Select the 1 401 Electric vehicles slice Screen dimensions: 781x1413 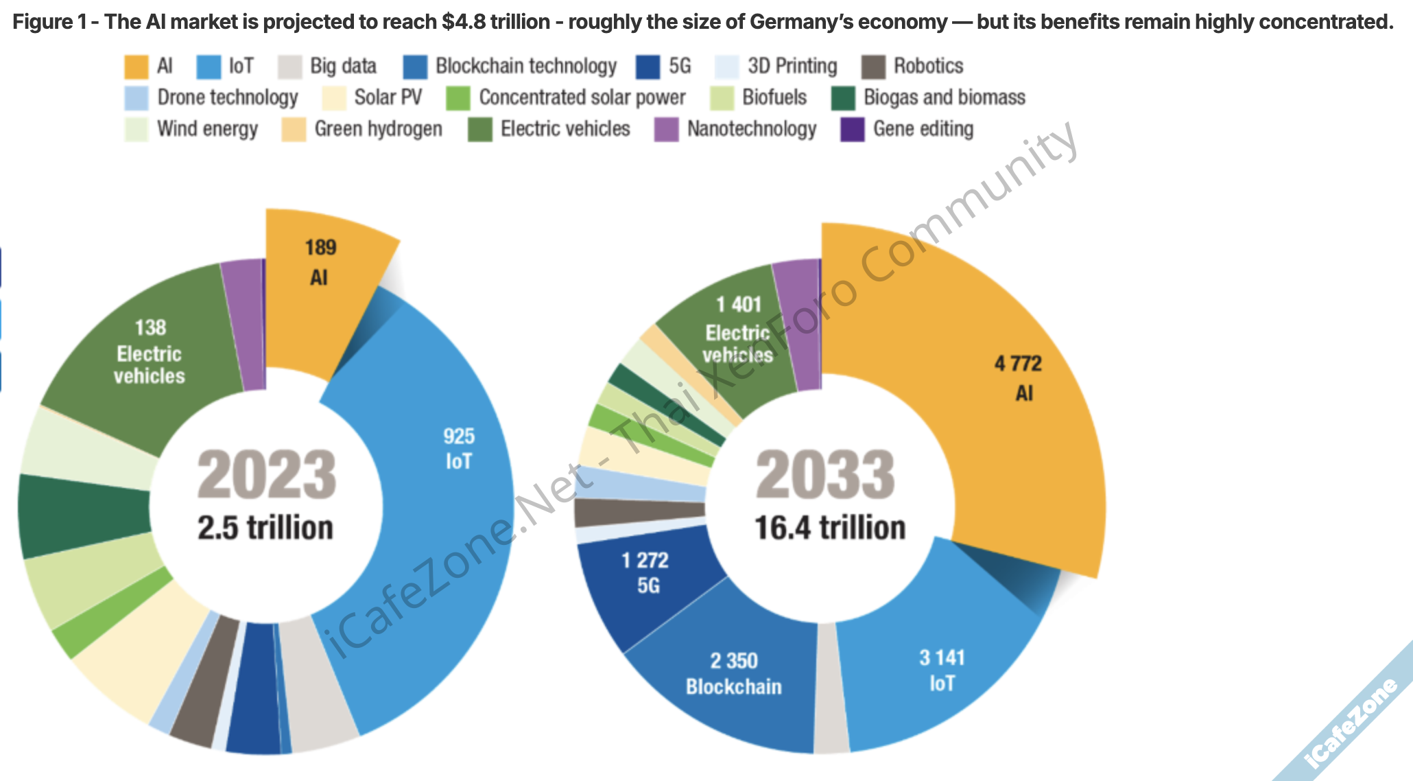737,329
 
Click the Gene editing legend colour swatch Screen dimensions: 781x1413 853,129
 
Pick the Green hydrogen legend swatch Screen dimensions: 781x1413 294,129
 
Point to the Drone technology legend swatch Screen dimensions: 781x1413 136,97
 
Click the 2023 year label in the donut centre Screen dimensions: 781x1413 266,475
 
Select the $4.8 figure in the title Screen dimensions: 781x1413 460,22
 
